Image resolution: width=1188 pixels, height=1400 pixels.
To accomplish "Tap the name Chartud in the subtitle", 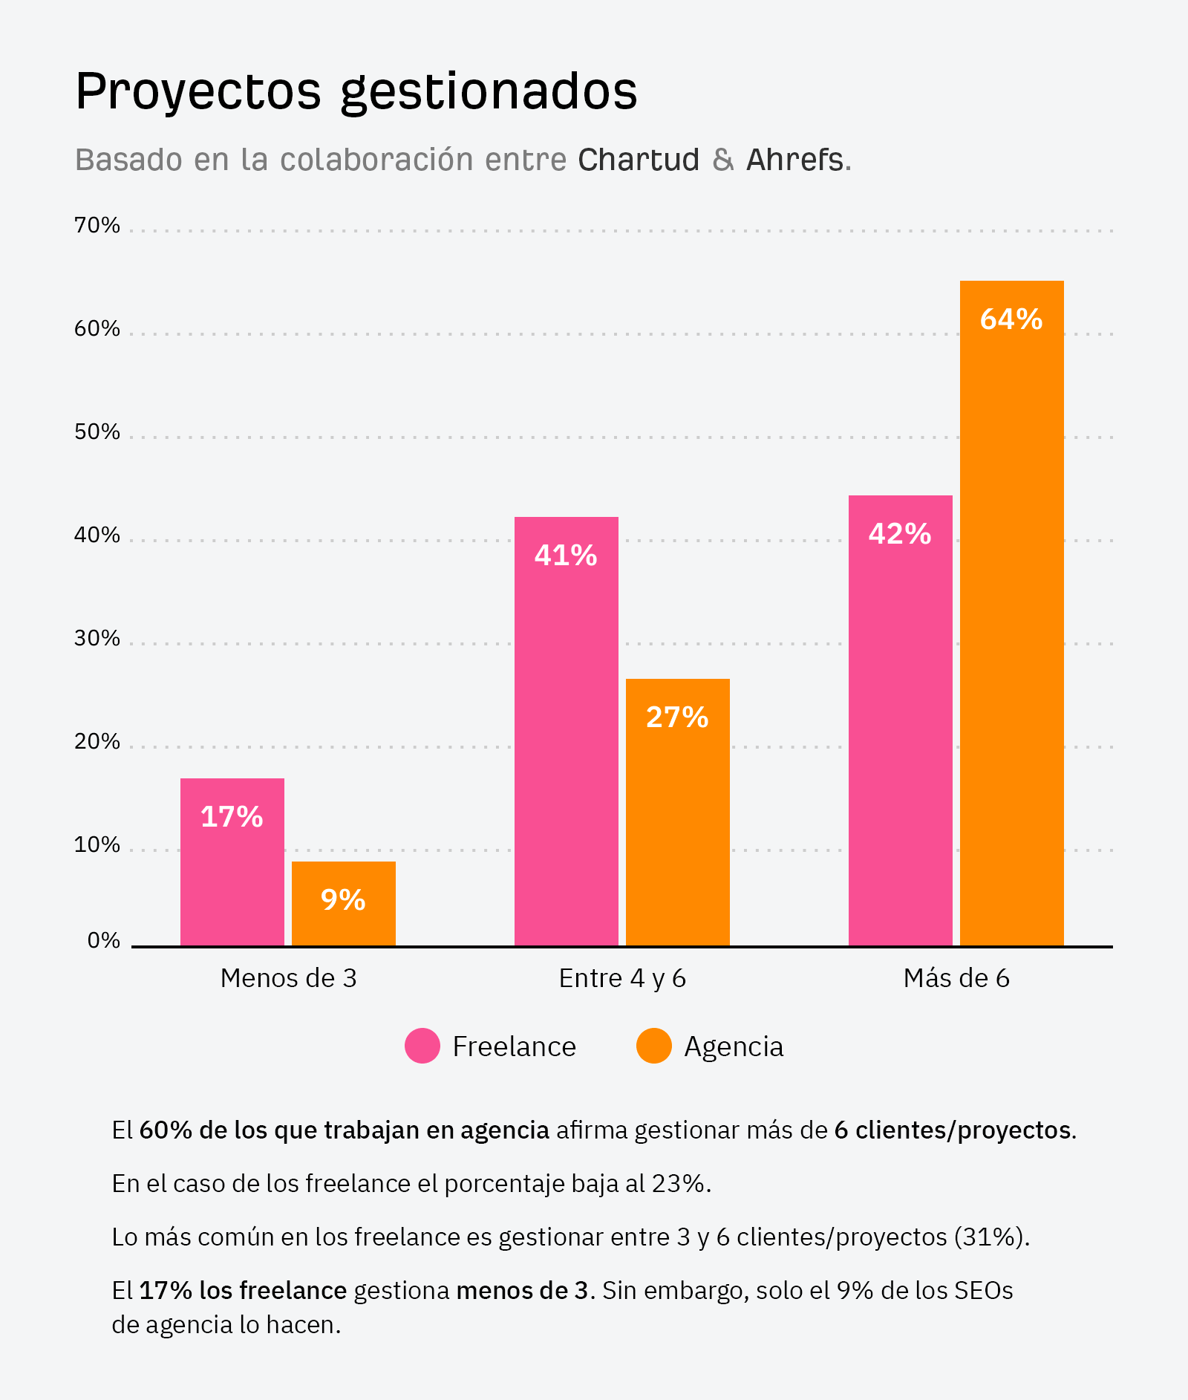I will tap(639, 160).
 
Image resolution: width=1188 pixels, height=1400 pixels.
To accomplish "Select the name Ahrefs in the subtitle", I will tap(794, 160).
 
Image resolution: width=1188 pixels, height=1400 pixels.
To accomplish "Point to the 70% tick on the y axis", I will tap(97, 225).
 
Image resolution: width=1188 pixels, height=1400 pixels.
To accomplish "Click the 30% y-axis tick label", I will tap(97, 638).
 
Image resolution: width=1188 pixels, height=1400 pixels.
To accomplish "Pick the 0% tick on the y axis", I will tap(103, 940).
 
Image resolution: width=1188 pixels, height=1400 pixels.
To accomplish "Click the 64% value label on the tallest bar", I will tap(1011, 319).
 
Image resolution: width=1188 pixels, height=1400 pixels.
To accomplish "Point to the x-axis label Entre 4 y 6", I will tap(622, 978).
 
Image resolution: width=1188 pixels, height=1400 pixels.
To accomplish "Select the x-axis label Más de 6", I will tap(956, 978).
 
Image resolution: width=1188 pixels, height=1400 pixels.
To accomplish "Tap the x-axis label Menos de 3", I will tap(288, 978).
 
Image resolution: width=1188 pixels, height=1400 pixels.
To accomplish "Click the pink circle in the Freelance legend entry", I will tap(422, 1046).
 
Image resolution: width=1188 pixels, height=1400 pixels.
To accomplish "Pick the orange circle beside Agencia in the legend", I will tap(654, 1046).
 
